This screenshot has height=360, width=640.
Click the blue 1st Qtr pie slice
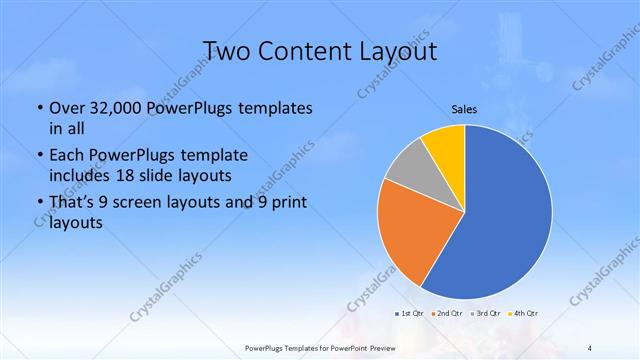click(505, 215)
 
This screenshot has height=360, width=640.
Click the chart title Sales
click(464, 109)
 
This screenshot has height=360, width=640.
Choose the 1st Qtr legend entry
click(410, 313)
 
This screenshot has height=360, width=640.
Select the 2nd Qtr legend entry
click(446, 313)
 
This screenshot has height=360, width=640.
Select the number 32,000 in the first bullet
click(114, 107)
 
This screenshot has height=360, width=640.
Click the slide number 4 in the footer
click(590, 348)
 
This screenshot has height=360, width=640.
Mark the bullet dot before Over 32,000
click(38, 108)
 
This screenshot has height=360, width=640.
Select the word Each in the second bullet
click(66, 156)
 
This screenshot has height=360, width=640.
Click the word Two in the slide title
click(227, 51)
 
